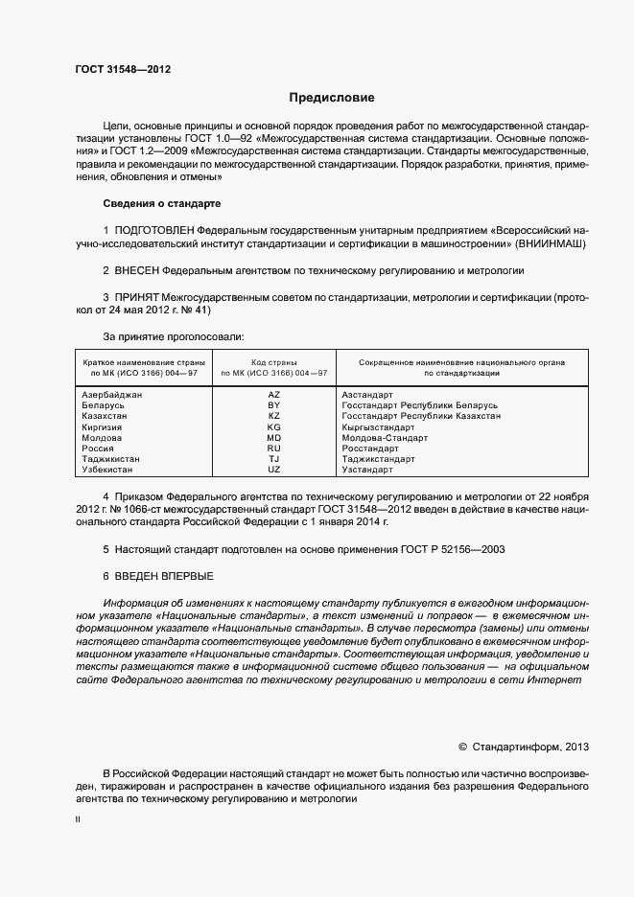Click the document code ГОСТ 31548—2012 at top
click(123, 70)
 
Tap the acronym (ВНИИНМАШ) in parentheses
click(552, 245)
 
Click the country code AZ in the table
click(273, 395)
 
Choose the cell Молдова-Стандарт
click(382, 438)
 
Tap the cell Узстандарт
click(367, 470)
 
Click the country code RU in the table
click(273, 448)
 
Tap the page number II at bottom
click(78, 821)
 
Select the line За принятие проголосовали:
click(173, 337)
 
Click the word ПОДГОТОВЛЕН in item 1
click(153, 231)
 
